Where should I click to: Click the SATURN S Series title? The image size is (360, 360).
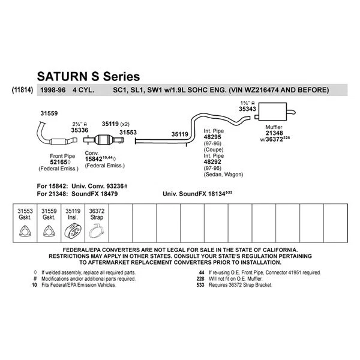[x=88, y=77]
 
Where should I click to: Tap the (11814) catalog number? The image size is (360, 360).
[x=22, y=91]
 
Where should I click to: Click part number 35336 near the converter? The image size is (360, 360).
[x=80, y=129]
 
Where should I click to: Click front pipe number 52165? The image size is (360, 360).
[x=59, y=162]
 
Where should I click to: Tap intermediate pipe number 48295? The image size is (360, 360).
[x=214, y=137]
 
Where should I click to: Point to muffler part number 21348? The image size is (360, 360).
[x=273, y=134]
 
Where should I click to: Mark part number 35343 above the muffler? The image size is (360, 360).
[x=247, y=110]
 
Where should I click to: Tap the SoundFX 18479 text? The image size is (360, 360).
[x=95, y=194]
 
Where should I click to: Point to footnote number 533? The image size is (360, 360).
[x=200, y=285]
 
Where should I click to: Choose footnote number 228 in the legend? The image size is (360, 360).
[x=200, y=278]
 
